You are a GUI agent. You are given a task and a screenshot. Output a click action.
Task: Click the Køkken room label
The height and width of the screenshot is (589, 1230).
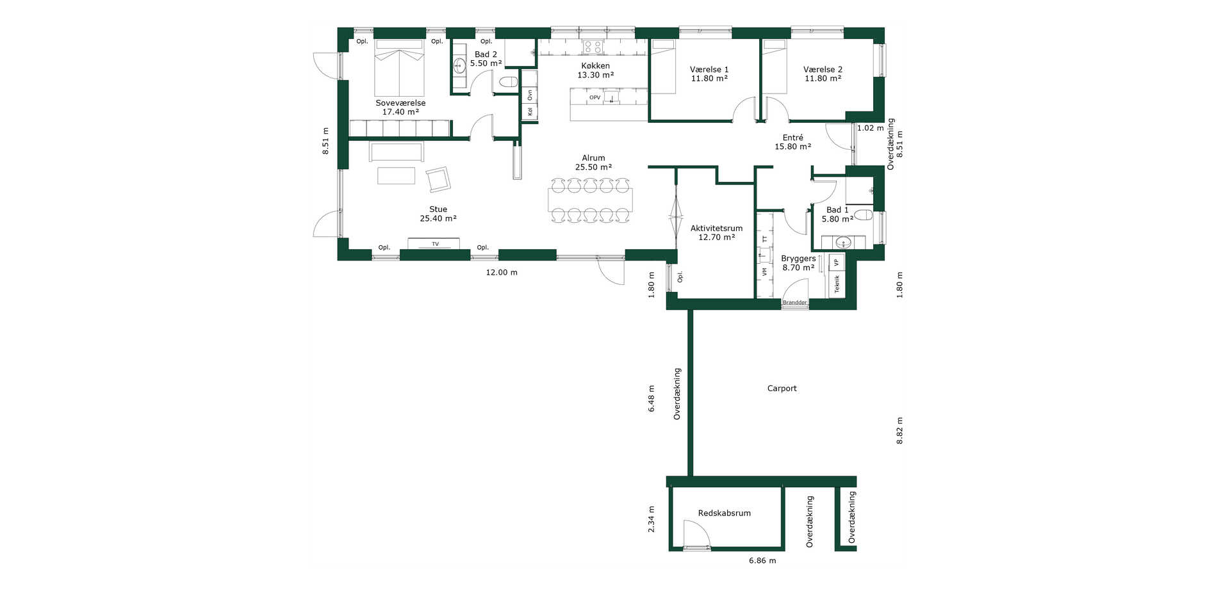click(x=595, y=66)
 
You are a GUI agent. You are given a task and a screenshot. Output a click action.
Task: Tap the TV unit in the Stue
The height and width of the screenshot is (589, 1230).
click(x=434, y=244)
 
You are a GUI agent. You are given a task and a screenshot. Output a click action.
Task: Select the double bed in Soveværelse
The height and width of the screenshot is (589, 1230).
click(x=399, y=68)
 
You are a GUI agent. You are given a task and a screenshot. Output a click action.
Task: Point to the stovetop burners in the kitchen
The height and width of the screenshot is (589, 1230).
click(x=593, y=47)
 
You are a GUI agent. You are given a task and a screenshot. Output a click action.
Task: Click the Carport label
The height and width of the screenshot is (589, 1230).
click(x=782, y=389)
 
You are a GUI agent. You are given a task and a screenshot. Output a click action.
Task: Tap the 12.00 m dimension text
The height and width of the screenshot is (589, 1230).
click(x=502, y=273)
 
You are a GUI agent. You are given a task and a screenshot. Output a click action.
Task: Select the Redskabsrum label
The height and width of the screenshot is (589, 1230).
click(x=724, y=513)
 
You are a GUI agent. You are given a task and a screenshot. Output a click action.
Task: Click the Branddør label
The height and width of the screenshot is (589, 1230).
click(x=794, y=302)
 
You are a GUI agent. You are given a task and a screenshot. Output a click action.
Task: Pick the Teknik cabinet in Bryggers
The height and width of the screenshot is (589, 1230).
click(x=837, y=284)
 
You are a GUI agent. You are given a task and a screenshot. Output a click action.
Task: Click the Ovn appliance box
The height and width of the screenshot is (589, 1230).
click(x=530, y=95)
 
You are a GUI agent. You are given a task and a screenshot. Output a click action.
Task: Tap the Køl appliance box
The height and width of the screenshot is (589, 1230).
click(x=530, y=112)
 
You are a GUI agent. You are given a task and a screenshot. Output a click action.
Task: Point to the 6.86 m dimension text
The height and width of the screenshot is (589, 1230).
click(x=762, y=561)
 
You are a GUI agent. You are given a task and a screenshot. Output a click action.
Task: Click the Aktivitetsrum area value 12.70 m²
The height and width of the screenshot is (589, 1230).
click(x=716, y=238)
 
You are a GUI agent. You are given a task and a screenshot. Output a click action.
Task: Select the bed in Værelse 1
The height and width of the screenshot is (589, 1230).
click(x=664, y=67)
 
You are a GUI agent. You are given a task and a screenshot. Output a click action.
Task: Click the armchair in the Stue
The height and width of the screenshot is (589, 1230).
click(x=438, y=179)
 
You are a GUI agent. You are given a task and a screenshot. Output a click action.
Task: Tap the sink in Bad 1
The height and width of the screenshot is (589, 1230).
click(x=843, y=243)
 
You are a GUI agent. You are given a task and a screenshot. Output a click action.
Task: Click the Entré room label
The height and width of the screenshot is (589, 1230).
click(x=792, y=138)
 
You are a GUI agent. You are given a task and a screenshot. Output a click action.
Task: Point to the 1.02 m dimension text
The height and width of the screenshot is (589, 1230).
click(x=870, y=128)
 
